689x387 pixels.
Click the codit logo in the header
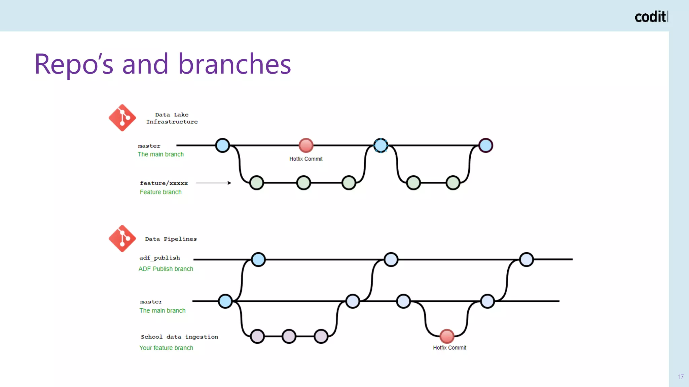tap(651, 17)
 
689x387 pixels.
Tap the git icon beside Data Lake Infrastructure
tap(122, 118)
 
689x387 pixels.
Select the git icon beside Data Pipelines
tap(122, 239)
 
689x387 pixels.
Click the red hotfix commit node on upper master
tap(306, 145)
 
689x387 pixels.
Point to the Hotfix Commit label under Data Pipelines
tap(449, 348)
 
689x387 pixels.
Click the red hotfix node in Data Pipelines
tap(447, 336)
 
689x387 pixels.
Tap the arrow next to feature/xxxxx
tap(214, 183)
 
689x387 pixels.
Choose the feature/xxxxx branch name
tap(164, 183)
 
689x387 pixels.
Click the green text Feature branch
tap(160, 192)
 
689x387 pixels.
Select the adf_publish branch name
tap(159, 258)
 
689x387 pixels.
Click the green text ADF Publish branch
tap(166, 269)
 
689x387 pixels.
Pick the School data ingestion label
tap(179, 337)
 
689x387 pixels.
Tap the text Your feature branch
tap(166, 348)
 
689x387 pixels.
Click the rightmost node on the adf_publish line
tap(526, 259)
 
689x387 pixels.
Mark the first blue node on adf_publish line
tap(258, 259)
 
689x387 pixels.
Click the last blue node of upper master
tap(485, 145)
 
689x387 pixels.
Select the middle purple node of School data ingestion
tap(289, 336)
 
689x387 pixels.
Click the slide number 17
tap(681, 377)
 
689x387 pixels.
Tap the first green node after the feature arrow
tap(257, 183)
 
